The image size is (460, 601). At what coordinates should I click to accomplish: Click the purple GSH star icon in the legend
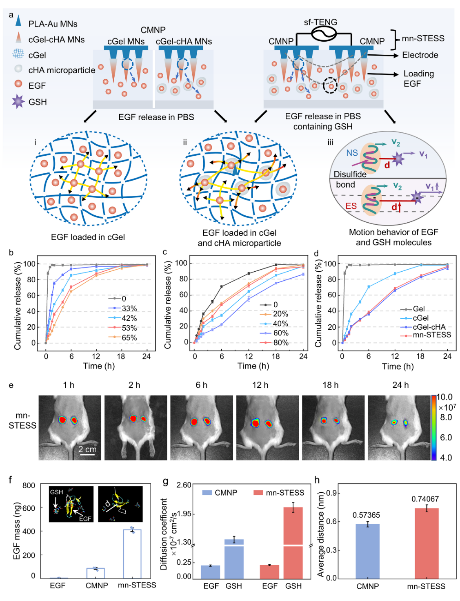coord(18,101)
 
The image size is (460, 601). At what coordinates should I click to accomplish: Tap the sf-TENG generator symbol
coord(324,34)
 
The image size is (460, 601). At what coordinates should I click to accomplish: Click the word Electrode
coord(420,55)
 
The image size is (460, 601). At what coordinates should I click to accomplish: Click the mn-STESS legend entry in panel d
coord(432,335)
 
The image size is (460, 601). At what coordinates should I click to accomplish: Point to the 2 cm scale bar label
coord(87,449)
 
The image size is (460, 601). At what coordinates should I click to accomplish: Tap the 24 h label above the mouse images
coord(400,385)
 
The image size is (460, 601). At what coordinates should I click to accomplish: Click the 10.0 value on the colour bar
coord(445,397)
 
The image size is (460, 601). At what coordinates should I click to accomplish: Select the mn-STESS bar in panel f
coord(132,554)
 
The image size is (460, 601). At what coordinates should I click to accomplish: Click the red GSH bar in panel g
coord(293,541)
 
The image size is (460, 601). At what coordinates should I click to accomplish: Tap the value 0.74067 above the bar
coord(425,499)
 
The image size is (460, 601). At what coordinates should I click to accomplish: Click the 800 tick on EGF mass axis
coord(29,485)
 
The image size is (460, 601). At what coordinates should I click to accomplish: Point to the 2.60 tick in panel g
coord(184,485)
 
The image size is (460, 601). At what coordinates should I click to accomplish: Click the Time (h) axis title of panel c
coord(253,366)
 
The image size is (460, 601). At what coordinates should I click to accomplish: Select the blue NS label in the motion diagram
coord(352,153)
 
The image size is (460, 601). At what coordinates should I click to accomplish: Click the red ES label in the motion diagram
coord(351,206)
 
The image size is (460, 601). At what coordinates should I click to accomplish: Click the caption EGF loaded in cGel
coord(88,237)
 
